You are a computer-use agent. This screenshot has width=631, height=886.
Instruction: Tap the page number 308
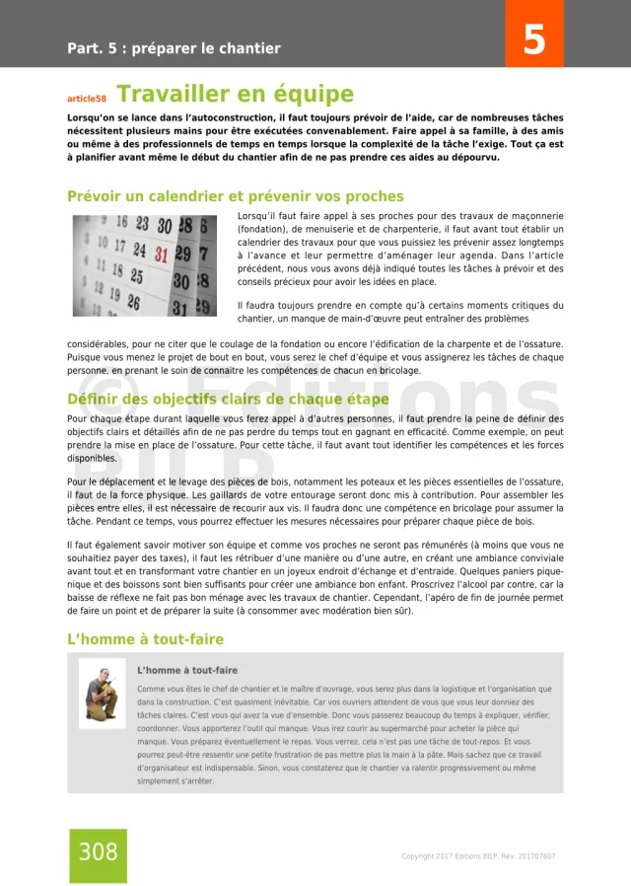pos(98,851)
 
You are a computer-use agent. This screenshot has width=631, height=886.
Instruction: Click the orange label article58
pos(86,99)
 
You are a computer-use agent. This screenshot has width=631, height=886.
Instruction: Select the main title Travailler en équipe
pos(235,95)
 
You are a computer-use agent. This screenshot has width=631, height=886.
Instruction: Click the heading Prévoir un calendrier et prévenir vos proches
pos(235,196)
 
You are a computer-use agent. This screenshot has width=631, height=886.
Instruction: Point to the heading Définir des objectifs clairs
pos(228,400)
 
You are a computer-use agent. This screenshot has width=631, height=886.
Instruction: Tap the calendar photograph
pos(144,264)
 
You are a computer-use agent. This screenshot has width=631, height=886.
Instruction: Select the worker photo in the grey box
pos(103,693)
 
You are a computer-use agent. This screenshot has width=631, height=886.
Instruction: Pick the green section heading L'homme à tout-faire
pos(145,639)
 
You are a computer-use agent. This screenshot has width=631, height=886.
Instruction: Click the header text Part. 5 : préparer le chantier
pos(174,48)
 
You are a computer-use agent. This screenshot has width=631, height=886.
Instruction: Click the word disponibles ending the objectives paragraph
pos(92,459)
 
